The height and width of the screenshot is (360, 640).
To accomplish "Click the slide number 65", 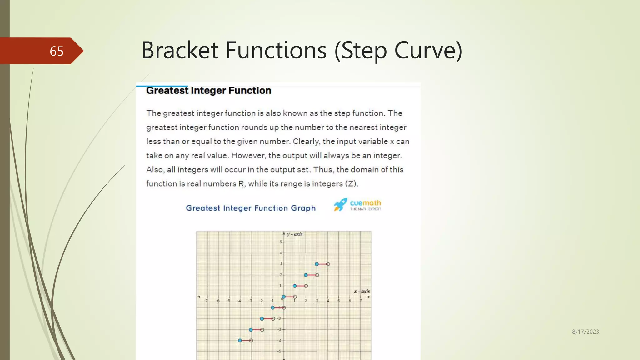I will [57, 51].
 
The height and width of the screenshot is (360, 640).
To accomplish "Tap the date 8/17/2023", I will [585, 332].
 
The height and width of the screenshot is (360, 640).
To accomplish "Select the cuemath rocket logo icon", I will [340, 205].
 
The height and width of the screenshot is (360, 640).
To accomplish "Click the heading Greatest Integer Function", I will [208, 91].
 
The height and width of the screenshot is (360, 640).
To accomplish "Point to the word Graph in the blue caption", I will [303, 208].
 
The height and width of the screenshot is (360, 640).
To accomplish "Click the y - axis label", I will [294, 234].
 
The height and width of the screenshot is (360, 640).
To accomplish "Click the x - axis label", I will [362, 291].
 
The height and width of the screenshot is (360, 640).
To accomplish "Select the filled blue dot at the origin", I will [284, 297].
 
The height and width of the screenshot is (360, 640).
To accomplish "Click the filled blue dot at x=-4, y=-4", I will [240, 341].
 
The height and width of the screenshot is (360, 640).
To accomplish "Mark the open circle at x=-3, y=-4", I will [251, 341].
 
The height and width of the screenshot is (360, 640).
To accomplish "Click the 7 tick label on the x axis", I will [360, 301].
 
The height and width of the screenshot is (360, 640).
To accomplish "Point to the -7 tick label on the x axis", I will [206, 301].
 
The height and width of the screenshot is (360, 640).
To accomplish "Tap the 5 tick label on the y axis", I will [281, 242].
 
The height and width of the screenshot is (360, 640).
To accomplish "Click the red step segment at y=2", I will [311, 275].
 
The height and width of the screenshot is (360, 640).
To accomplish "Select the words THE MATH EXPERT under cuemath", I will [366, 209].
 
